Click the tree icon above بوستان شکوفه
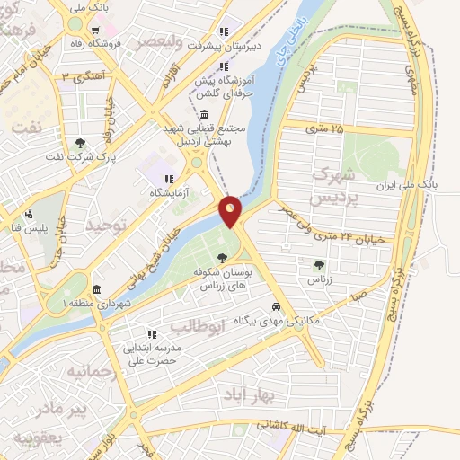coord(222,257)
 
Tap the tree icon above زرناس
coord(319,264)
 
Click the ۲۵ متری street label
coord(325,129)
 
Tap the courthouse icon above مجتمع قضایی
coord(206,115)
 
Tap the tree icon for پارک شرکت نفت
coord(80,143)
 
